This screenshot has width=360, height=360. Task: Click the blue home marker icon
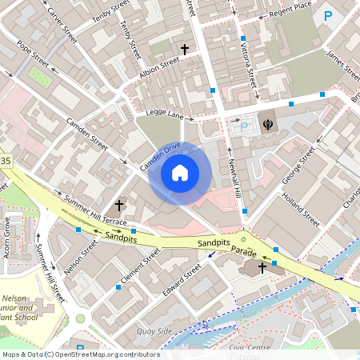pyautogui.click(x=179, y=172)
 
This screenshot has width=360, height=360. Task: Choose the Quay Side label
pyautogui.click(x=154, y=330)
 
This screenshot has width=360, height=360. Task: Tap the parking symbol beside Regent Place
pyautogui.click(x=327, y=14)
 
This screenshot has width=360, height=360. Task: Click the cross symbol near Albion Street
pyautogui.click(x=185, y=50)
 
